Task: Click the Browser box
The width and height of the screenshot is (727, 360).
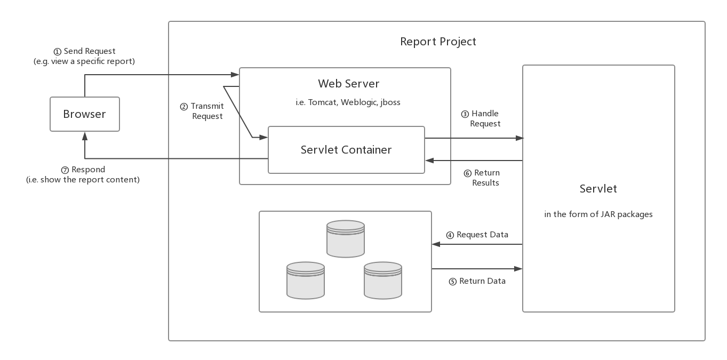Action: [x=84, y=114]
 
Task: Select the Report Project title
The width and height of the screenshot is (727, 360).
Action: [x=438, y=42]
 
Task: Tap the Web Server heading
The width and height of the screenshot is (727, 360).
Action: [x=348, y=84]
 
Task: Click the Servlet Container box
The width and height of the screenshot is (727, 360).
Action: [x=346, y=150]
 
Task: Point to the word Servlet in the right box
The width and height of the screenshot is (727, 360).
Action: [x=598, y=188]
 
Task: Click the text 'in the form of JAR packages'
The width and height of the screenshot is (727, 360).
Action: [x=598, y=214]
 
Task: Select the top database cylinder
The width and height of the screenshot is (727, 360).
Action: [x=346, y=238]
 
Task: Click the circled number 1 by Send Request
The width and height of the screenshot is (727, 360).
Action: [x=58, y=52]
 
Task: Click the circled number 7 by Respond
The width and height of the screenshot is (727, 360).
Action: [x=65, y=170]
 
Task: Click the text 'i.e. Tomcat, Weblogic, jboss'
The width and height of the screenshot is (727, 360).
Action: [x=348, y=102]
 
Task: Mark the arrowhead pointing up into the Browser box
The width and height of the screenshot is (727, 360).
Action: [x=85, y=136]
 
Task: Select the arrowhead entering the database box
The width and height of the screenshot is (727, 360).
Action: [x=436, y=244]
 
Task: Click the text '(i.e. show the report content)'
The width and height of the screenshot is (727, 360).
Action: [x=83, y=180]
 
